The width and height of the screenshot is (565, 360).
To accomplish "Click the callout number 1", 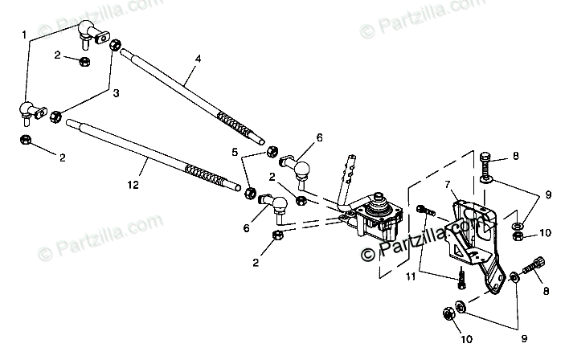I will (24, 35).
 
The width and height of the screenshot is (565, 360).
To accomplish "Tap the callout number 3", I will (116, 93).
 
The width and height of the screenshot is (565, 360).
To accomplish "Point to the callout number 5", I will (236, 152).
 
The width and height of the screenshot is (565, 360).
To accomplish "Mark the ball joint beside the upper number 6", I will (303, 168).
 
